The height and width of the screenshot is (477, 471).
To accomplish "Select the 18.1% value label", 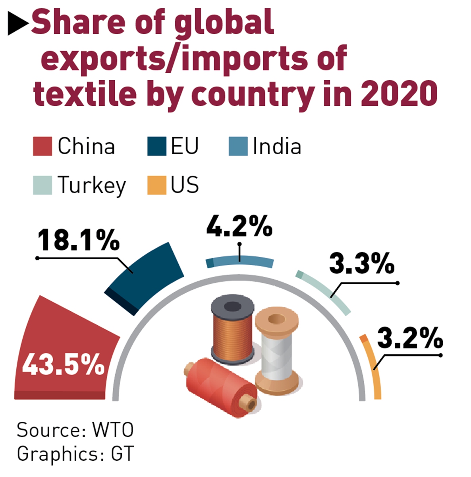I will [x=78, y=240].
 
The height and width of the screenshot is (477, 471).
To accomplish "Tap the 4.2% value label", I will [x=239, y=227].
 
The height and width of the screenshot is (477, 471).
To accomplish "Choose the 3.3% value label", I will [x=362, y=264].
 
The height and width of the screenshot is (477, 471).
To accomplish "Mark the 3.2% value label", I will [x=410, y=338].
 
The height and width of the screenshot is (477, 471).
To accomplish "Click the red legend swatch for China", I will [x=42, y=146].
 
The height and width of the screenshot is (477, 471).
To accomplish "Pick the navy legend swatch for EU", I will [x=156, y=146].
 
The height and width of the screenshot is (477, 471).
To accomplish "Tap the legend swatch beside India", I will [x=238, y=146].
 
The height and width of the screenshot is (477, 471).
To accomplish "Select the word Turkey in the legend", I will [x=92, y=185].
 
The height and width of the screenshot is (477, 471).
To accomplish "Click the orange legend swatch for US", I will [x=156, y=185].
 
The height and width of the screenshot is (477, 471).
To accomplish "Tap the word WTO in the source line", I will [x=113, y=430].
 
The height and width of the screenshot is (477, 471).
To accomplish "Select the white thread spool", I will [x=277, y=350].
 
